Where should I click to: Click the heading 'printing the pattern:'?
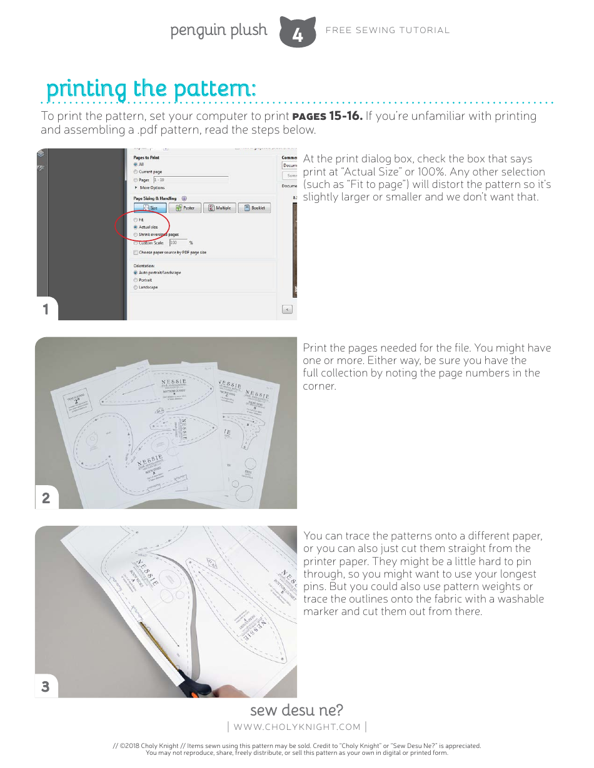click(x=151, y=89)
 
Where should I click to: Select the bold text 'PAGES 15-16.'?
click(x=327, y=116)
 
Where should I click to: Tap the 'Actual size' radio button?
click(x=136, y=227)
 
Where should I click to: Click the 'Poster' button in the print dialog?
click(x=185, y=208)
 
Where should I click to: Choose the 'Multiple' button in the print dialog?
click(x=219, y=208)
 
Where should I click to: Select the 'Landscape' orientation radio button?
click(x=136, y=287)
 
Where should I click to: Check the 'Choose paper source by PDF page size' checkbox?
click(x=136, y=252)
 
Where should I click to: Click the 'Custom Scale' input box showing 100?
click(x=178, y=242)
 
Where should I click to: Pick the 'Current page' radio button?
click(x=136, y=172)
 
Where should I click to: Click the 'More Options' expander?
click(x=151, y=187)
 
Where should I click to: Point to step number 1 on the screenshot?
click(x=46, y=309)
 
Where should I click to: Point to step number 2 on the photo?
click(x=46, y=498)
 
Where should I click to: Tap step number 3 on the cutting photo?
click(x=46, y=686)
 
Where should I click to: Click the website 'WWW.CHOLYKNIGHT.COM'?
click(x=296, y=726)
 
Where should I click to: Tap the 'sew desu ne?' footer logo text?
click(x=296, y=710)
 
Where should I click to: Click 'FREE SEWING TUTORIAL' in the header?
click(x=387, y=30)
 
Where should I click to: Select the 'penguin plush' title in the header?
click(x=218, y=30)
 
